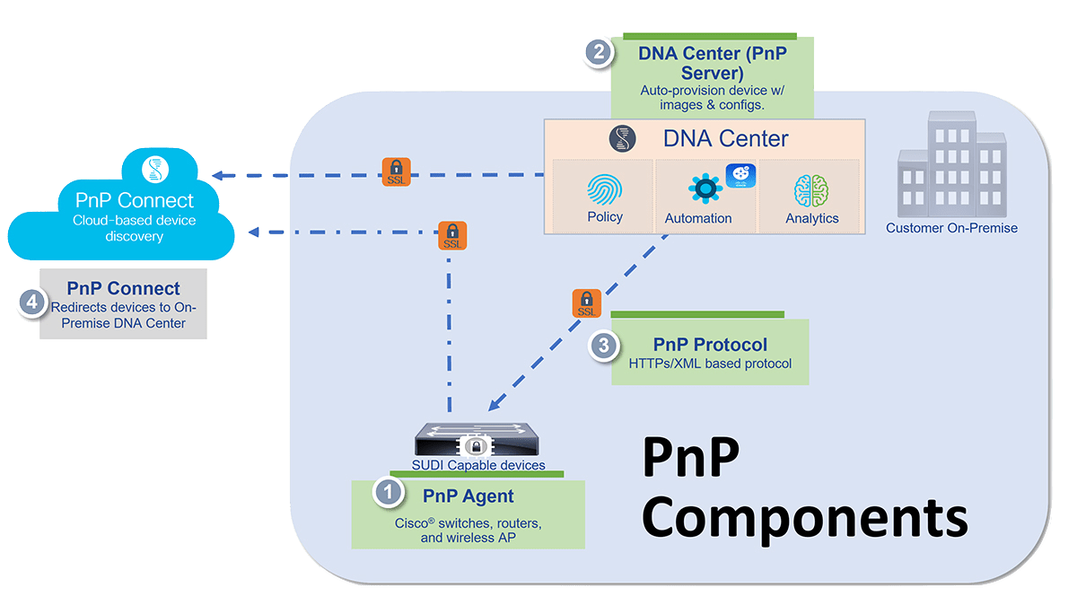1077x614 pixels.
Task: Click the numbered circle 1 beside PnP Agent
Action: point(388,492)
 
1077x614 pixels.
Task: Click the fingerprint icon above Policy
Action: point(604,190)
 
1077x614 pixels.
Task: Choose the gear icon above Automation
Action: point(705,189)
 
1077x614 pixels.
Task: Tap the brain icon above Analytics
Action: point(811,190)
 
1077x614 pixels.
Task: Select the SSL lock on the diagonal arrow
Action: point(586,303)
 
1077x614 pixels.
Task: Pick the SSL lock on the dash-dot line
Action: point(453,236)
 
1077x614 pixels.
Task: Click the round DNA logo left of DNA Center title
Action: point(622,139)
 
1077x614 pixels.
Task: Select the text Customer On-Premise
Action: point(951,228)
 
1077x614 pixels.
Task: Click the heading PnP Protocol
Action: point(710,345)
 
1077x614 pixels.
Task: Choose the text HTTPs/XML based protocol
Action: point(709,363)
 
